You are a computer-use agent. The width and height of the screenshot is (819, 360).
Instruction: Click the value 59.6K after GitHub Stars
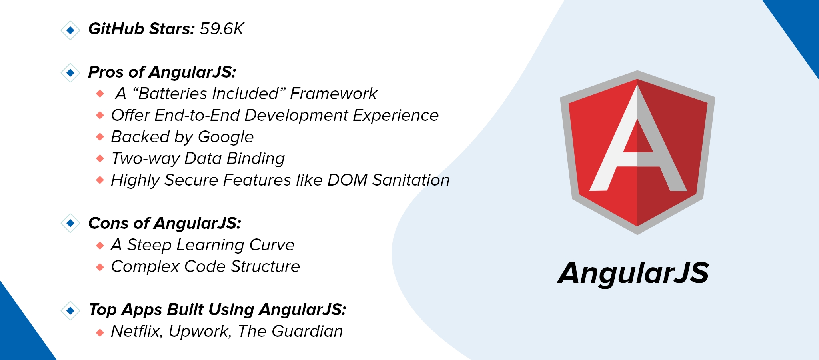pos(222,29)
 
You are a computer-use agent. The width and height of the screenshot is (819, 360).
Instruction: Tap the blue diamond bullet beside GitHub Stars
pos(70,30)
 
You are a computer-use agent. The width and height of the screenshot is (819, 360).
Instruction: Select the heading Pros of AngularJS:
pos(162,72)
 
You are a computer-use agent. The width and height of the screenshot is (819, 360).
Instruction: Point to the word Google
pos(226,137)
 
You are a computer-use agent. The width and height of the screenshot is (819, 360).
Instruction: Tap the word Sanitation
pos(411,180)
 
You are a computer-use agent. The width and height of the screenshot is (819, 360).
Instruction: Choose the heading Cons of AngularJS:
pos(164,223)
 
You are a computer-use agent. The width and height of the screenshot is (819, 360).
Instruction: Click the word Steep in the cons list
pos(149,245)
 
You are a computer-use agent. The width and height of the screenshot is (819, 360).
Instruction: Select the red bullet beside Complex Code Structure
pos(100,267)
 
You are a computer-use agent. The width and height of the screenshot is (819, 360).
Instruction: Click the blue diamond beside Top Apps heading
pos(70,310)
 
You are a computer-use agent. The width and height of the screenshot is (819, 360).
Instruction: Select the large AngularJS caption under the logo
pos(633,274)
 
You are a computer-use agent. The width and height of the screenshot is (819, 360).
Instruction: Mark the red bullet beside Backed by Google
pos(100,137)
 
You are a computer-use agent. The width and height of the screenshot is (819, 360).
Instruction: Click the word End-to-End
pos(197,115)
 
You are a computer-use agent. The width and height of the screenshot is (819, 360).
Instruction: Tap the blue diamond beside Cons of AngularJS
pos(70,223)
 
